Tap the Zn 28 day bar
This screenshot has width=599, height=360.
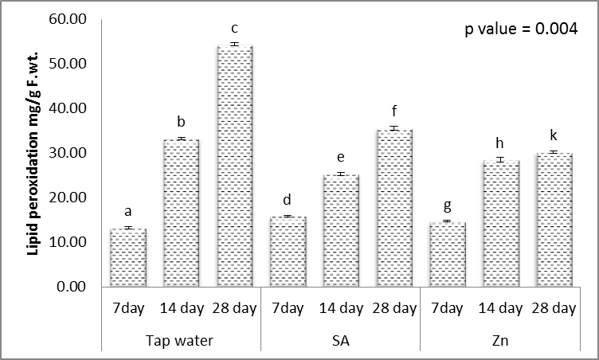coord(554,219)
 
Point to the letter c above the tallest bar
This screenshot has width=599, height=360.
coord(234,29)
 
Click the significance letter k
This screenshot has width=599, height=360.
coord(554,135)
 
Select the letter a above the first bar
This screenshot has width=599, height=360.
coord(127,212)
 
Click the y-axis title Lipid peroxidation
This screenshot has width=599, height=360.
coord(33,151)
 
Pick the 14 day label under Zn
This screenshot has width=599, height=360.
coord(500,308)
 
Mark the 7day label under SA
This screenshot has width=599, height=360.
coord(288,308)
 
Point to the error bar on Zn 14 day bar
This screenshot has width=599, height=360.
coord(500,160)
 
